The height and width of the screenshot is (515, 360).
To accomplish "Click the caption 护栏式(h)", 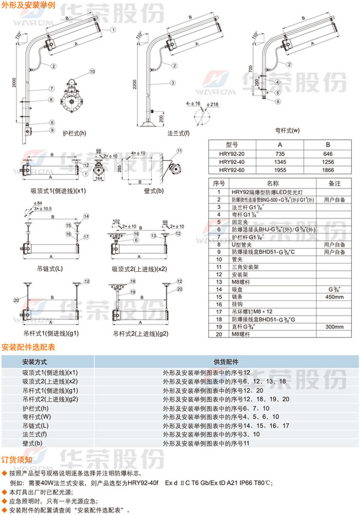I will tap(74, 133).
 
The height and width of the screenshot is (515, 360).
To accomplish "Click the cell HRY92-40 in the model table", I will tap(233, 162).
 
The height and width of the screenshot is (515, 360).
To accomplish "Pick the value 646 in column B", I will tap(328, 154).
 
